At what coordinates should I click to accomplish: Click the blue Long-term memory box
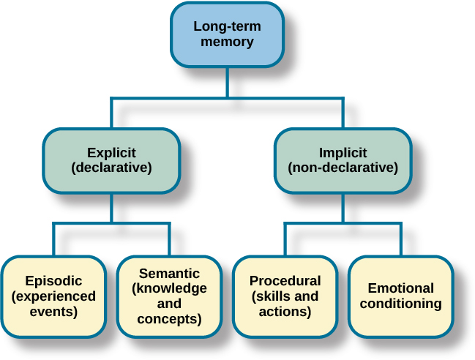226,34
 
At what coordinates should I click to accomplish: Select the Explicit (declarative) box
111,160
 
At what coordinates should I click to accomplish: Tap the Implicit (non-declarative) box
343,160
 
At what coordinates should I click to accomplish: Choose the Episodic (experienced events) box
53,296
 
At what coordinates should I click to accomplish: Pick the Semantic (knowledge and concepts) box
169,296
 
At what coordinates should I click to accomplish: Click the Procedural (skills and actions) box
285,296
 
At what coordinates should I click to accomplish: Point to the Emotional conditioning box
400,296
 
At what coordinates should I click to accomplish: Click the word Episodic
53,281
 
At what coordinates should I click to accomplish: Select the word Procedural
285,281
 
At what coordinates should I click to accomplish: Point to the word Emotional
400,288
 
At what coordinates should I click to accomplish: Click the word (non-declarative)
343,168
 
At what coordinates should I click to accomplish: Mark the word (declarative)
111,168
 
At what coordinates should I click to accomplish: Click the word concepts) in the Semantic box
169,319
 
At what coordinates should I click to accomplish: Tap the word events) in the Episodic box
53,312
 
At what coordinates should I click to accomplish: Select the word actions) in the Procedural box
285,312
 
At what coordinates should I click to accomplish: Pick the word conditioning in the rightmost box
400,304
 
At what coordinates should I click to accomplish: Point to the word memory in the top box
226,42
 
